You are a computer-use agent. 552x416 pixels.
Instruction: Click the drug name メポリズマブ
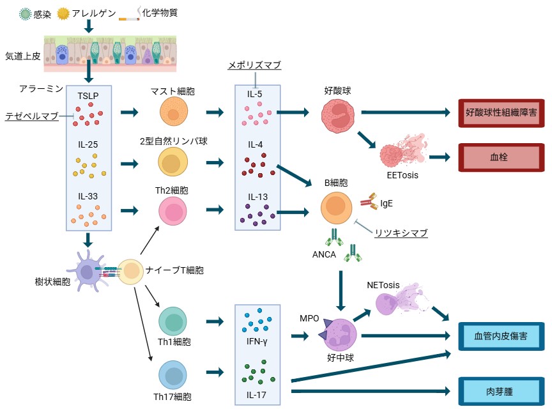pyautogui.click(x=254, y=65)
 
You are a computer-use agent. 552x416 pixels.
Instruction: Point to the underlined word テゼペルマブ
pyautogui.click(x=32, y=116)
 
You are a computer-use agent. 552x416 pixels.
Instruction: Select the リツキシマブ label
pyautogui.click(x=401, y=233)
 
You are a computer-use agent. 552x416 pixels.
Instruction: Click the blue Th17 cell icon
pyautogui.click(x=172, y=375)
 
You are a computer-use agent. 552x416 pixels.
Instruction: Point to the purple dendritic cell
pyautogui.click(x=88, y=270)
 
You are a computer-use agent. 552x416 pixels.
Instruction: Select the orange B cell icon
pyautogui.click(x=336, y=208)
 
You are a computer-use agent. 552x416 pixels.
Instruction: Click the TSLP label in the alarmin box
pyautogui.click(x=88, y=96)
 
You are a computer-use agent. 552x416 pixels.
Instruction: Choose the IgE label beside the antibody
pyautogui.click(x=387, y=203)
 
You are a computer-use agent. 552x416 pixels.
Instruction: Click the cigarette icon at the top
pyautogui.click(x=128, y=15)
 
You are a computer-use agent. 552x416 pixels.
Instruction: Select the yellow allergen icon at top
pyautogui.click(x=63, y=14)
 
